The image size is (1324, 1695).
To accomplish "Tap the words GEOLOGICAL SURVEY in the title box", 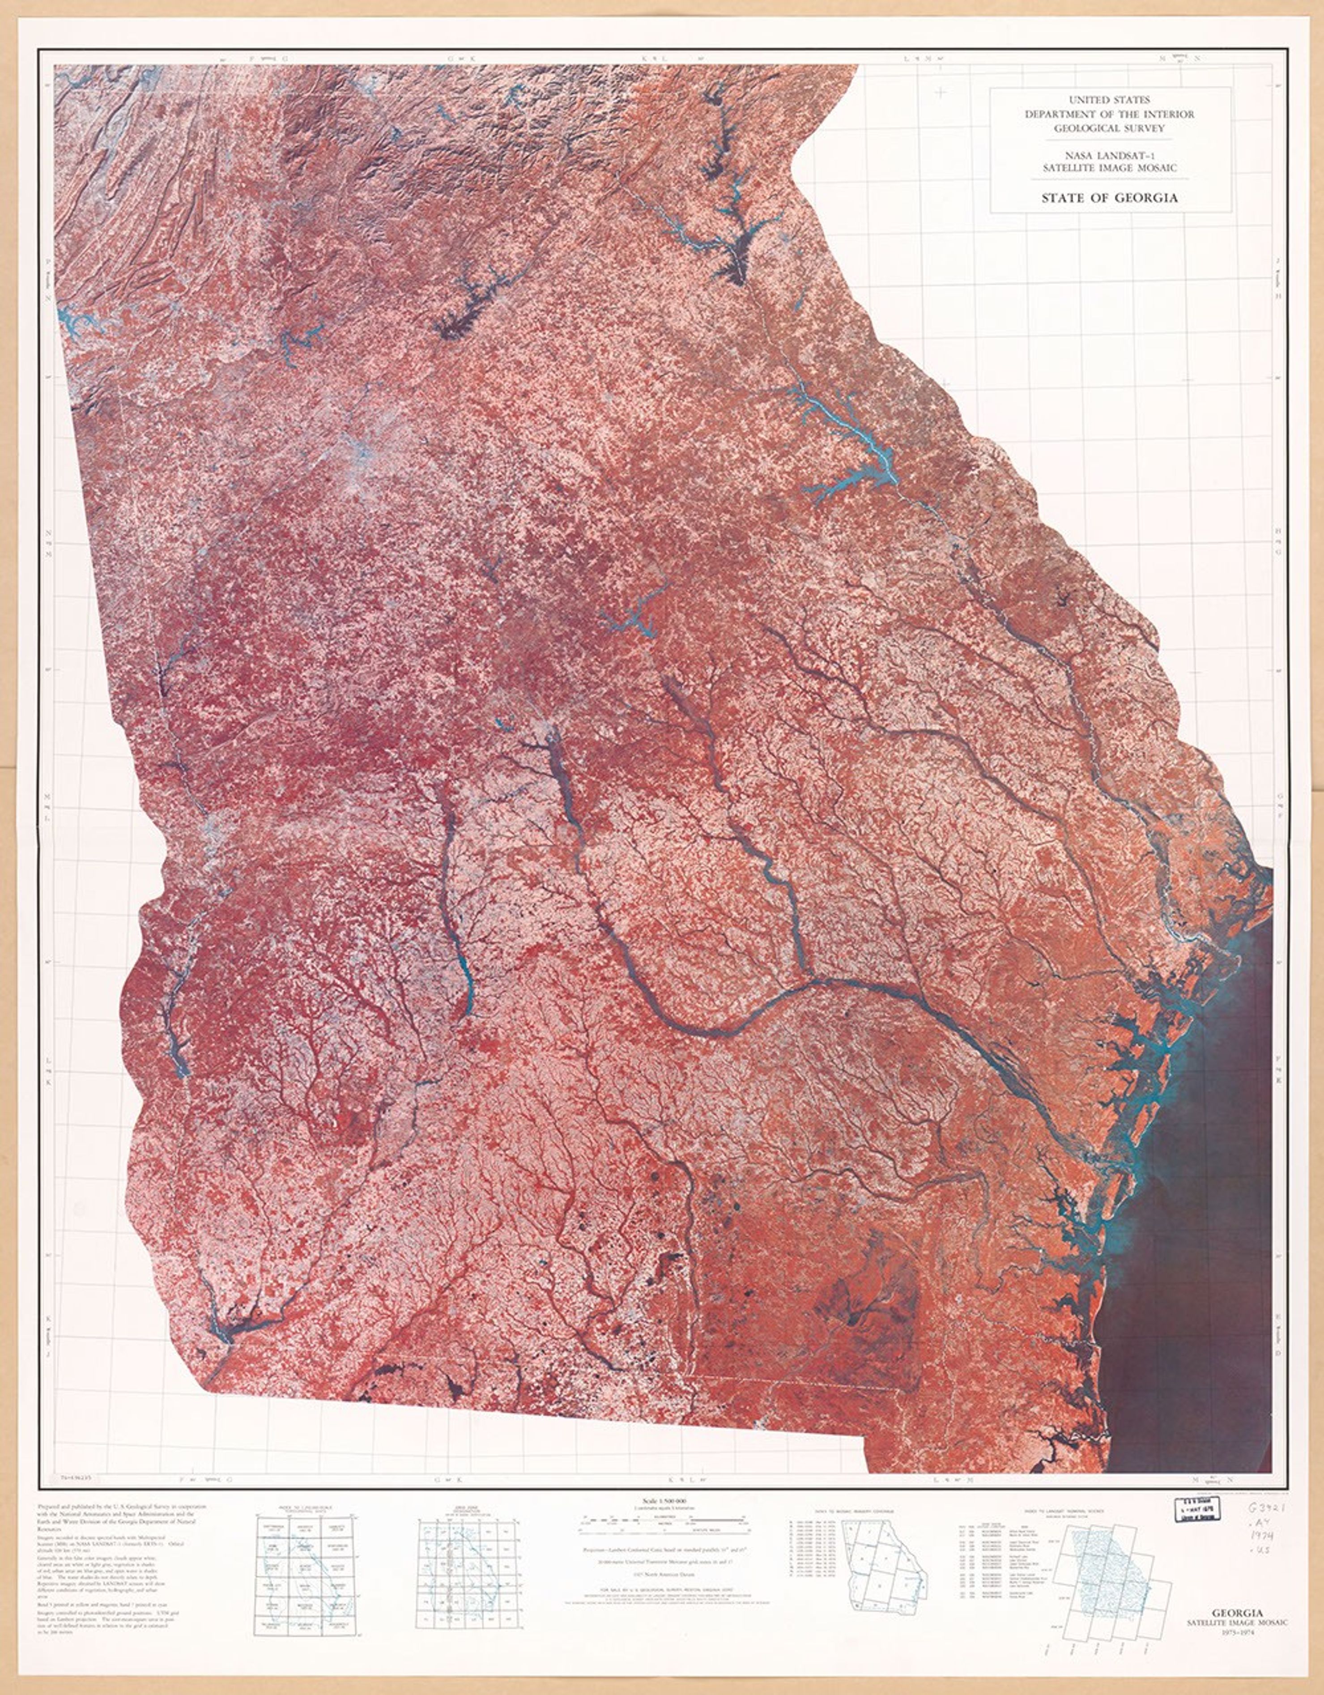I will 1109,128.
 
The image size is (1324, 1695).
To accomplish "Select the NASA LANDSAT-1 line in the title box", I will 1109,154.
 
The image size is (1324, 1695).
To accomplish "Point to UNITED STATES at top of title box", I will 1109,100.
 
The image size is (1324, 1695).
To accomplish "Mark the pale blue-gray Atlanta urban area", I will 365,458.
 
